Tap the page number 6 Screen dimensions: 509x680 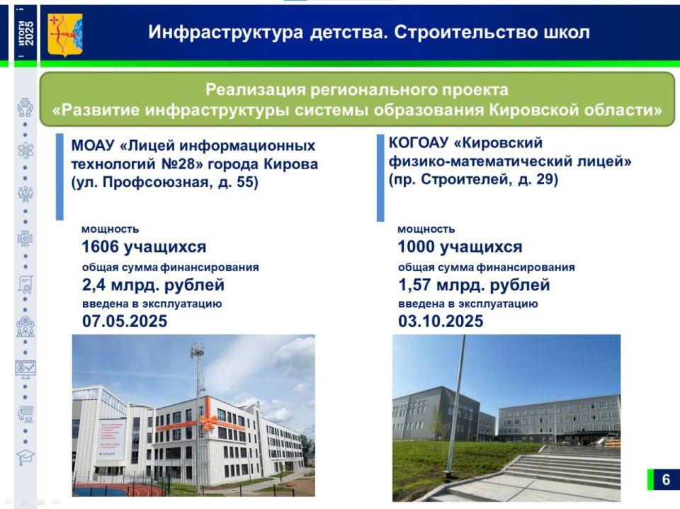click(x=665, y=479)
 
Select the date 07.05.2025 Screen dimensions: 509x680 click(x=125, y=321)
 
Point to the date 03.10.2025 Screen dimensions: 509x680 click(x=441, y=321)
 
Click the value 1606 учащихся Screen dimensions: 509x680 click(x=144, y=247)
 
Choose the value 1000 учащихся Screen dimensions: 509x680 click(x=460, y=247)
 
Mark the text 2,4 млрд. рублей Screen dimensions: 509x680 click(x=153, y=285)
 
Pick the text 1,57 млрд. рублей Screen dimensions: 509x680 click(x=474, y=285)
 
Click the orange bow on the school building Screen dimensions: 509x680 click(x=208, y=423)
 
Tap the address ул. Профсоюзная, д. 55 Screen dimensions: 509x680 click(x=164, y=183)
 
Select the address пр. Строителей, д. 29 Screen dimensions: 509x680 click(x=473, y=180)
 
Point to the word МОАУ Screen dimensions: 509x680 click(x=93, y=147)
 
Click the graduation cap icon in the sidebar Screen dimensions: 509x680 click(x=25, y=457)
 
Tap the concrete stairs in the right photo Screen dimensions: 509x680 click(x=560, y=467)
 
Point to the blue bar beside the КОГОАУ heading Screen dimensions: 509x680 click(x=380, y=177)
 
